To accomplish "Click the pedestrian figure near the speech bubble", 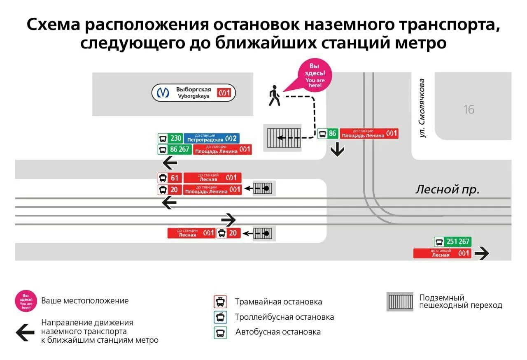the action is click(x=274, y=96).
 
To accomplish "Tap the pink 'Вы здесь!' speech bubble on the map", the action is click(x=315, y=75).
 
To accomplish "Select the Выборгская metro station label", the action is click(x=194, y=93).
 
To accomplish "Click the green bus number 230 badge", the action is click(x=170, y=138).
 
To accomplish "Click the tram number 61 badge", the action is click(x=170, y=178).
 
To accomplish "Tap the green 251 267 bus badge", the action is click(x=452, y=242).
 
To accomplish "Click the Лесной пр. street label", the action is click(x=448, y=189).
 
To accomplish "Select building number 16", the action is click(x=469, y=109).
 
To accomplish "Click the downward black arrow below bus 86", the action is click(x=337, y=150).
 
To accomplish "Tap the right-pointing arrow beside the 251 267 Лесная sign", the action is click(x=481, y=253).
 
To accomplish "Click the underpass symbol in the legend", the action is click(x=400, y=302).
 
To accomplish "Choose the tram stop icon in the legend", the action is click(x=220, y=302).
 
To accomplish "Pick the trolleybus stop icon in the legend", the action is click(x=220, y=317).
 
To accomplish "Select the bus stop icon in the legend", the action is click(x=220, y=332).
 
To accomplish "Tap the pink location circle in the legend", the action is click(x=26, y=301).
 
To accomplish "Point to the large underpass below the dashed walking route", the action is click(x=282, y=137).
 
